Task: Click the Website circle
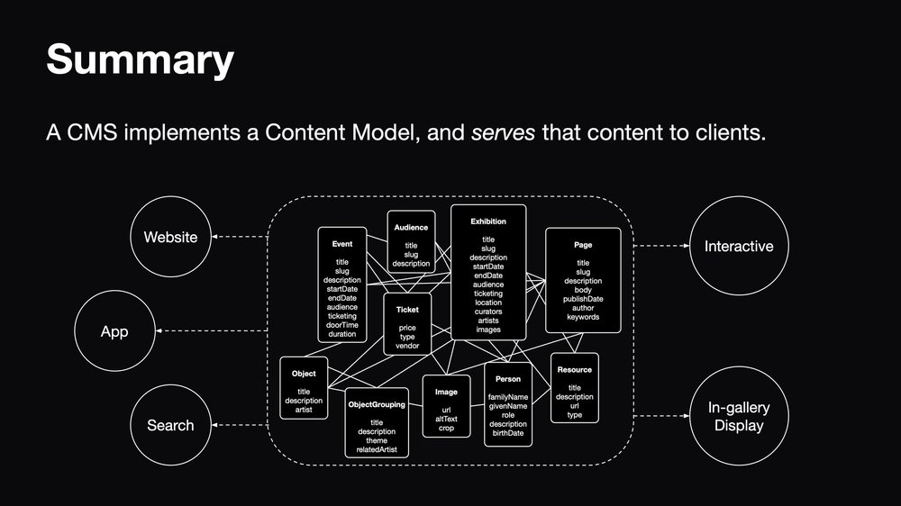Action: [x=170, y=238]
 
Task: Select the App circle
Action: [x=114, y=331]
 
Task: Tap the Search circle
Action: [x=170, y=425]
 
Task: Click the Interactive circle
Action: [x=738, y=245]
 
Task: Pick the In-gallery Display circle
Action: [x=738, y=417]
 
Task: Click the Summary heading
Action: [x=140, y=60]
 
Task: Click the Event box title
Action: [x=342, y=243]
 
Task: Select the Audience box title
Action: [x=411, y=228]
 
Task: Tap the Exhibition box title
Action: [x=488, y=221]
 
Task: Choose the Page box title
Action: [x=583, y=244]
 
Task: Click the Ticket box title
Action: [x=407, y=310]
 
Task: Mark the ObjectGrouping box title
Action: [x=377, y=405]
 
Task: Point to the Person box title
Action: [x=508, y=379]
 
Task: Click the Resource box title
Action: [x=575, y=370]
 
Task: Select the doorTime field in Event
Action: [x=342, y=325]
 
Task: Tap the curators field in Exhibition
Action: [x=488, y=312]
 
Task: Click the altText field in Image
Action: [x=447, y=419]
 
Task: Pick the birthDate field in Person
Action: [x=508, y=434]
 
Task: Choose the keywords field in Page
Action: [x=583, y=317]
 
